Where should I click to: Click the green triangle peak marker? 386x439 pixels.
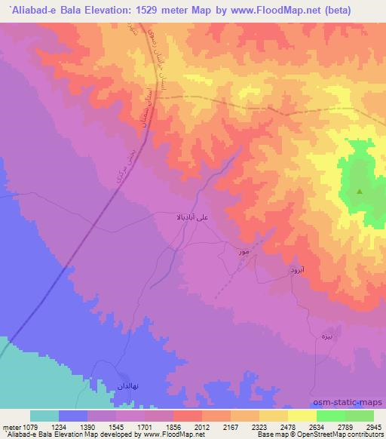[x=359, y=192]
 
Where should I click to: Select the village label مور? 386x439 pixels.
[x=242, y=251]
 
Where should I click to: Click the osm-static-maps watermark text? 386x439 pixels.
[x=353, y=402]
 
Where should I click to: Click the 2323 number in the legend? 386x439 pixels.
[x=259, y=426]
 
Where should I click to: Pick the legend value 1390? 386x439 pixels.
[x=88, y=426]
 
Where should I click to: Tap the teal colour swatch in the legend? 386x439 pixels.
[x=44, y=416]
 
